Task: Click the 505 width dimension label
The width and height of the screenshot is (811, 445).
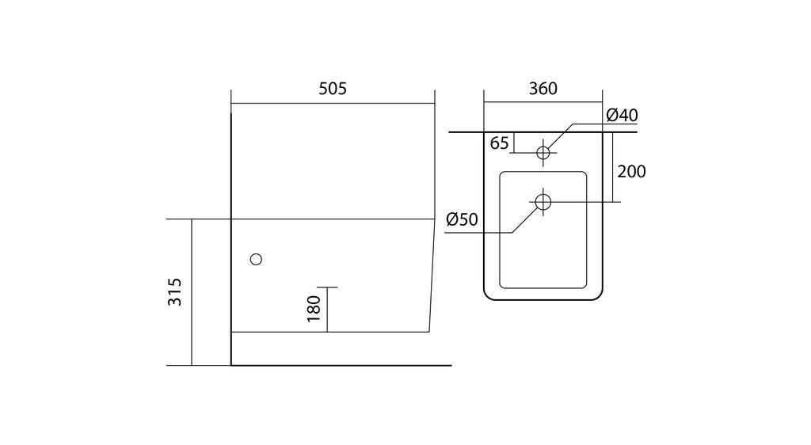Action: click(x=333, y=89)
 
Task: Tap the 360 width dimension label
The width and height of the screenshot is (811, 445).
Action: click(x=543, y=89)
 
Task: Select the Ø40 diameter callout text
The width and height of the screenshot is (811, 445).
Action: click(x=622, y=116)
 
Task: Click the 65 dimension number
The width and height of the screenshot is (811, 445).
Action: click(x=500, y=143)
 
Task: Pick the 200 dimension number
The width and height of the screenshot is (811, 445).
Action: click(x=631, y=171)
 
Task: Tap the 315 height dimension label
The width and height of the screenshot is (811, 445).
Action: click(x=176, y=291)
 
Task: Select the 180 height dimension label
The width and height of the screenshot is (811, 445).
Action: click(x=314, y=309)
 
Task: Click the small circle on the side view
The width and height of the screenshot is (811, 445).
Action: click(x=255, y=259)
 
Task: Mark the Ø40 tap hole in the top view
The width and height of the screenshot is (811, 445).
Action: click(x=543, y=152)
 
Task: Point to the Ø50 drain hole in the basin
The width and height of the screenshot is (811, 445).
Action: click(x=543, y=201)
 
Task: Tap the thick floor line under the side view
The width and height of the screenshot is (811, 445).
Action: click(x=341, y=366)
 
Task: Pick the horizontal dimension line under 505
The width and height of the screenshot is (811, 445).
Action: click(x=333, y=102)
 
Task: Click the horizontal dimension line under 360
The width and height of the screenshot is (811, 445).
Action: click(x=543, y=102)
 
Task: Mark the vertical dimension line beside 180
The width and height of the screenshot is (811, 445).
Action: click(x=326, y=309)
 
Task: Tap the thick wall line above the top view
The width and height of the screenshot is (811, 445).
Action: click(x=531, y=131)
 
